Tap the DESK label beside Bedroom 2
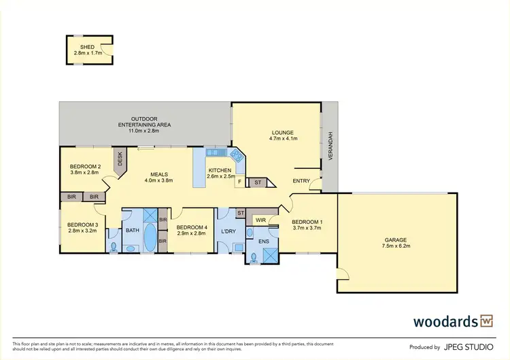[120, 159]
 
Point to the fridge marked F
[240, 182]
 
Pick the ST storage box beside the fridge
[258, 182]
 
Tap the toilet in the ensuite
[254, 257]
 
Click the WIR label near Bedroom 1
[260, 220]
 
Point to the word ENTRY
[301, 181]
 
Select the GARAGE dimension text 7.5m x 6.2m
[397, 246]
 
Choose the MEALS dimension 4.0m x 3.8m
[159, 181]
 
